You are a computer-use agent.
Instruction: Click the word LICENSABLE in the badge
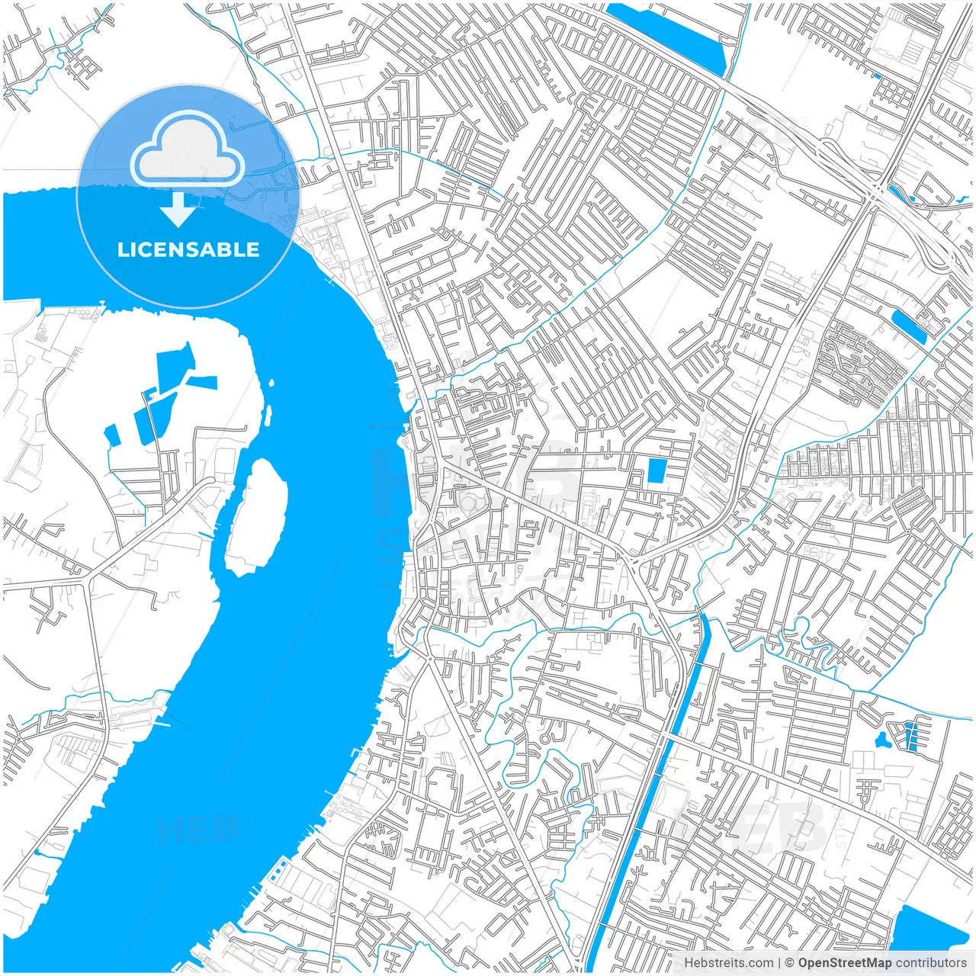point(188,249)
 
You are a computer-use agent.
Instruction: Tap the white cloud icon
point(187,150)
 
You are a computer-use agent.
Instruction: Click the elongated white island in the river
point(257,517)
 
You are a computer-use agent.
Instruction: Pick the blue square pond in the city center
point(656,470)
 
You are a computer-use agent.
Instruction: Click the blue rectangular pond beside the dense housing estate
point(909,326)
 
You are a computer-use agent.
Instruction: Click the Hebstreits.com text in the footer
point(727,963)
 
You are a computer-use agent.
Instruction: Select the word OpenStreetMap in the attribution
point(844,963)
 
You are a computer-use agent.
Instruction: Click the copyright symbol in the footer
point(790,963)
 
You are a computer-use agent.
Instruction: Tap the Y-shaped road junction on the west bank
point(90,576)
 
